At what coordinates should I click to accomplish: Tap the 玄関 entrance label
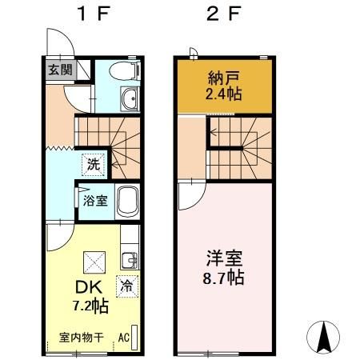tap(59, 70)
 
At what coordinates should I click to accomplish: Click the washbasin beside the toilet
tap(130, 99)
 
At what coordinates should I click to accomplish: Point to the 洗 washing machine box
tap(94, 166)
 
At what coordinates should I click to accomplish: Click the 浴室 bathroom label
tap(97, 200)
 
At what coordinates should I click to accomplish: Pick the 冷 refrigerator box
tap(126, 283)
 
